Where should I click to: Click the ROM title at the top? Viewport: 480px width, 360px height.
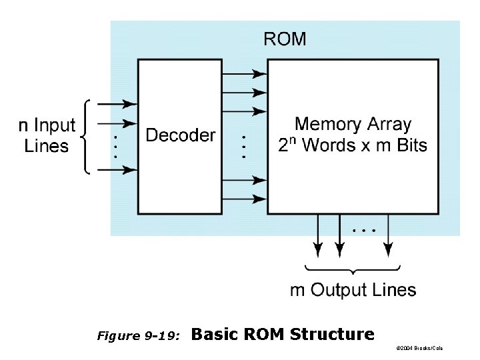[x=285, y=39]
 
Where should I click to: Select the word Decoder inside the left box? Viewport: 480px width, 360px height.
[x=180, y=135]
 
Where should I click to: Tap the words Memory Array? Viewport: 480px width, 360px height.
[x=353, y=124]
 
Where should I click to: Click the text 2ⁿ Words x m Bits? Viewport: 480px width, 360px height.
[x=353, y=145]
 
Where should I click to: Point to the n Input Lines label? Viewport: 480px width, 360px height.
[x=47, y=135]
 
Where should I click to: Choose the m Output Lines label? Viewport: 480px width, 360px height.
[x=353, y=290]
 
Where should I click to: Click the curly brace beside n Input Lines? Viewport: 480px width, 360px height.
[x=85, y=137]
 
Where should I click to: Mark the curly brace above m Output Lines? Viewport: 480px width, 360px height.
[x=352, y=269]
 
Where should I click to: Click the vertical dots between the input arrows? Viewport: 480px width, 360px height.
[x=115, y=146]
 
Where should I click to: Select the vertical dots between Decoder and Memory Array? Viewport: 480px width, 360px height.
[x=244, y=146]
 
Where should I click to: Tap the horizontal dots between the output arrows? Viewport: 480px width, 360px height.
[x=363, y=229]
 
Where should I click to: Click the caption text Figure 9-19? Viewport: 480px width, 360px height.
[x=138, y=337]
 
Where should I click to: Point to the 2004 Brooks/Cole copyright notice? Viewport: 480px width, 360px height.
[x=419, y=349]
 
